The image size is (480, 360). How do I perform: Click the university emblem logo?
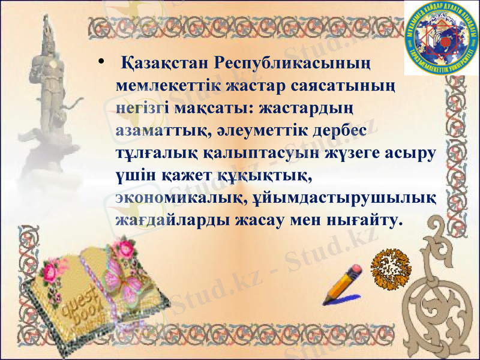(x=441, y=38)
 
